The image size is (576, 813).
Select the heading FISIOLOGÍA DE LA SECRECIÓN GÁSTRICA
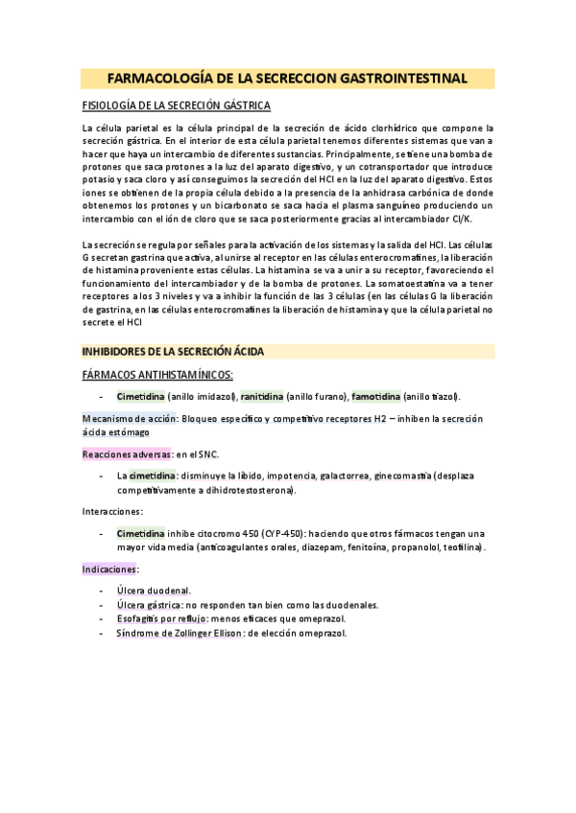pyautogui.click(x=176, y=105)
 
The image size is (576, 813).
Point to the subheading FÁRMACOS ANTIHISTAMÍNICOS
pyautogui.click(x=157, y=374)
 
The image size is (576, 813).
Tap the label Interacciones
pyautogui.click(x=112, y=512)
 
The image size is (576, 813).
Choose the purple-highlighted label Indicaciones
pyautogui.click(x=109, y=569)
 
